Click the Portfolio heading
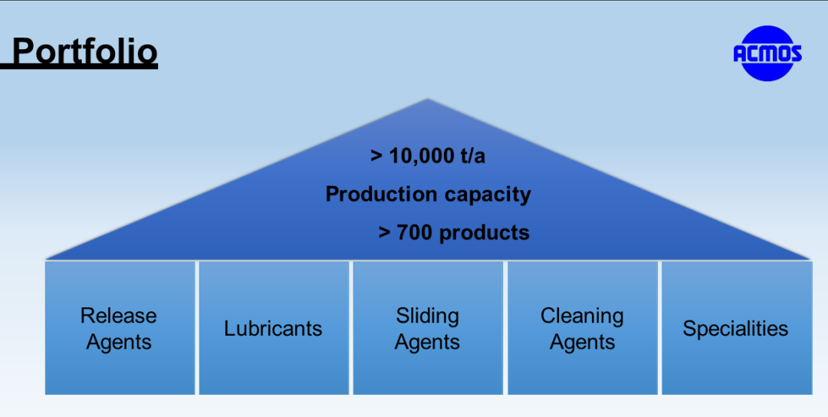pos(84,52)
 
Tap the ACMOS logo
pos(767,54)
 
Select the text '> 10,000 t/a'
pos(428,156)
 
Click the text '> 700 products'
pos(454,232)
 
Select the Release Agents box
pos(120,328)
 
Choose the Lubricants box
pos(274,328)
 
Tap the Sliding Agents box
pos(428,328)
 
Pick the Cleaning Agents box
pos(583,328)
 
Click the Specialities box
pos(737,328)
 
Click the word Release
pos(118,316)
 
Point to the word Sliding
pos(427,317)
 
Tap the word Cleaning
pos(582,317)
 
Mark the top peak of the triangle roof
pos(427,99)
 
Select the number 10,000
pos(420,156)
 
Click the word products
pos(485,233)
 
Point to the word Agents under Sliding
pos(427,343)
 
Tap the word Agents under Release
pos(119,343)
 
